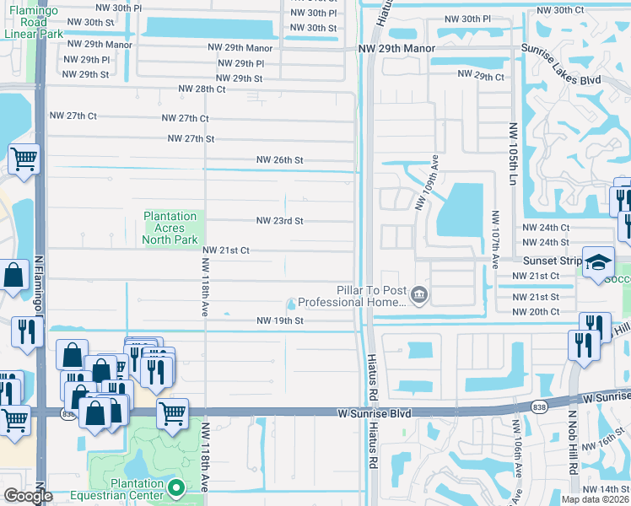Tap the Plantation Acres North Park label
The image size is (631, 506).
coord(170,228)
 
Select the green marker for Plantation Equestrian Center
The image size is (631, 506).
coord(175,487)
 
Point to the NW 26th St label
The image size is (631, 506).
coord(280,160)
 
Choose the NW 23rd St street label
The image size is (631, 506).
coord(280,221)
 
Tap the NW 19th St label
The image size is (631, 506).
coord(280,320)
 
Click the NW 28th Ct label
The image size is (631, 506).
coord(202,89)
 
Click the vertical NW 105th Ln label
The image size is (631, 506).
coord(512,153)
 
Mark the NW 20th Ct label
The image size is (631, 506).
coord(536,312)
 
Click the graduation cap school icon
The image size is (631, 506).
coord(596,261)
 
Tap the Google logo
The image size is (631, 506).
coord(28,496)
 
